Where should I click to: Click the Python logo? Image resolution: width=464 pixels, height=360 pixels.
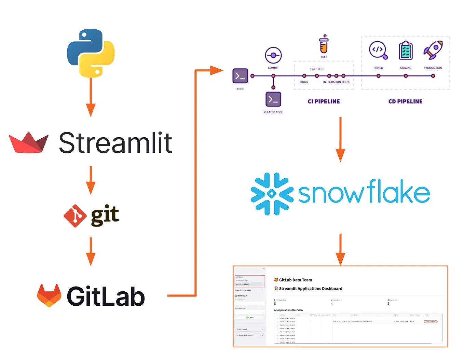[91, 53]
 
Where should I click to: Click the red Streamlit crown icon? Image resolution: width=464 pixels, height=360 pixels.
[29, 142]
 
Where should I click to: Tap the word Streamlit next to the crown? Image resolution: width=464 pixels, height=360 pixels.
[115, 143]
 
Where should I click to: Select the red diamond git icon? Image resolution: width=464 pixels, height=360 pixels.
[75, 216]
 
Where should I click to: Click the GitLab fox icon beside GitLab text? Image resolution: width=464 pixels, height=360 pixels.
[49, 295]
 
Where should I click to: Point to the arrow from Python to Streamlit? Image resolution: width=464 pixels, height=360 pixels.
[91, 97]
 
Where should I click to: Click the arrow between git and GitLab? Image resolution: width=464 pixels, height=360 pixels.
[91, 251]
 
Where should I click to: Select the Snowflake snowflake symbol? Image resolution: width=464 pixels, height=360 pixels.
[272, 194]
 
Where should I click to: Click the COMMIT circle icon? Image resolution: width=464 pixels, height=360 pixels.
[273, 55]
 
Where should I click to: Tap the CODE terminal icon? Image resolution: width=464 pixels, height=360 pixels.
[240, 76]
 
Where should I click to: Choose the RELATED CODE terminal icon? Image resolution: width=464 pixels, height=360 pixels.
[273, 99]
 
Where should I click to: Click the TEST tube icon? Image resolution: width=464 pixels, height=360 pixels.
[324, 44]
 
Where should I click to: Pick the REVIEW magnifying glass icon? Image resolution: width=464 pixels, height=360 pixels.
[378, 50]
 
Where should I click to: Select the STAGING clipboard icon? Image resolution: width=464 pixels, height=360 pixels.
[406, 51]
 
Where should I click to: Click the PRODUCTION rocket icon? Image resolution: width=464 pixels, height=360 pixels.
[433, 50]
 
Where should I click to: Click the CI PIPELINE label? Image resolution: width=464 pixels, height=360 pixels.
[324, 101]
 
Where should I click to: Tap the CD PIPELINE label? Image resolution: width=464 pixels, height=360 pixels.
[405, 101]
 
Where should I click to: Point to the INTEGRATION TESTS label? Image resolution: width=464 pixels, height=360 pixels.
[336, 82]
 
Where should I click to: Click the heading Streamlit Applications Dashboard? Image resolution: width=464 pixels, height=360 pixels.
[310, 289]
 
